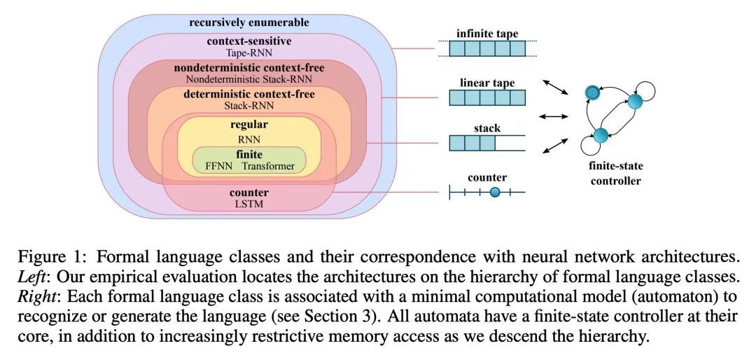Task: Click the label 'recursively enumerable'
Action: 248,22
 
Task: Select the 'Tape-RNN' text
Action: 248,53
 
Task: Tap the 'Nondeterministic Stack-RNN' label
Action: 248,79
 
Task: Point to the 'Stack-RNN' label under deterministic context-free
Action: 248,105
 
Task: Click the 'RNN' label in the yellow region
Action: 248,139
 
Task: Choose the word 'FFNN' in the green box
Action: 220,166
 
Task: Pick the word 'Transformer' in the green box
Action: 268,166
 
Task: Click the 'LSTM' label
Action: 248,204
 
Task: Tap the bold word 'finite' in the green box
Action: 248,154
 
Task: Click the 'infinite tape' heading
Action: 487,34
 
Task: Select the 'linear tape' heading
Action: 487,83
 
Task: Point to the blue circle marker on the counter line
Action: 495,193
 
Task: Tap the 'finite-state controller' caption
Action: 616,174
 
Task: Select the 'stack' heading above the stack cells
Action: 487,129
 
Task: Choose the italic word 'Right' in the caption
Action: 31,296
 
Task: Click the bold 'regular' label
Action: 248,125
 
